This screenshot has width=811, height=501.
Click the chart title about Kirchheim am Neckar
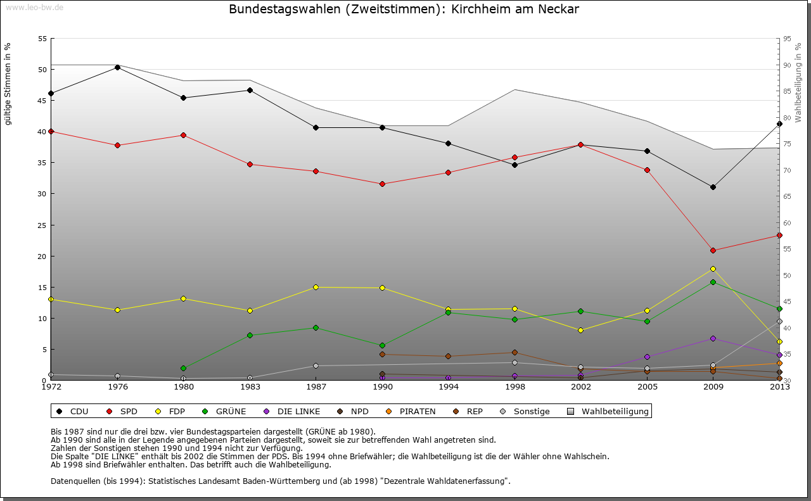click(x=404, y=10)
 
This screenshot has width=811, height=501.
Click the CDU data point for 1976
click(x=117, y=67)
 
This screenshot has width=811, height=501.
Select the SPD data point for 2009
click(x=713, y=250)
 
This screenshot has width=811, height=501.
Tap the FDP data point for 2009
click(x=713, y=269)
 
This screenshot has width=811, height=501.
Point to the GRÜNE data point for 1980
click(x=183, y=368)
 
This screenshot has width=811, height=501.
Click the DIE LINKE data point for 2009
click(x=713, y=338)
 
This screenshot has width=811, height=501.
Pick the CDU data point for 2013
click(x=779, y=124)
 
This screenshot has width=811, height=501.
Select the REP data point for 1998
click(x=514, y=352)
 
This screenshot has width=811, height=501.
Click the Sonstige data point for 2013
click(x=779, y=321)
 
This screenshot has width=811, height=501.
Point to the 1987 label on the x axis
click(x=316, y=386)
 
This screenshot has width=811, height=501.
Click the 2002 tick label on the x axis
click(x=580, y=386)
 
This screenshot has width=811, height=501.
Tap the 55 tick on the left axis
click(x=42, y=39)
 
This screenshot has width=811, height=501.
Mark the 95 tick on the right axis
click(x=787, y=39)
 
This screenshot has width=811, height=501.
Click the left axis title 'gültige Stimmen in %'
click(x=8, y=84)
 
